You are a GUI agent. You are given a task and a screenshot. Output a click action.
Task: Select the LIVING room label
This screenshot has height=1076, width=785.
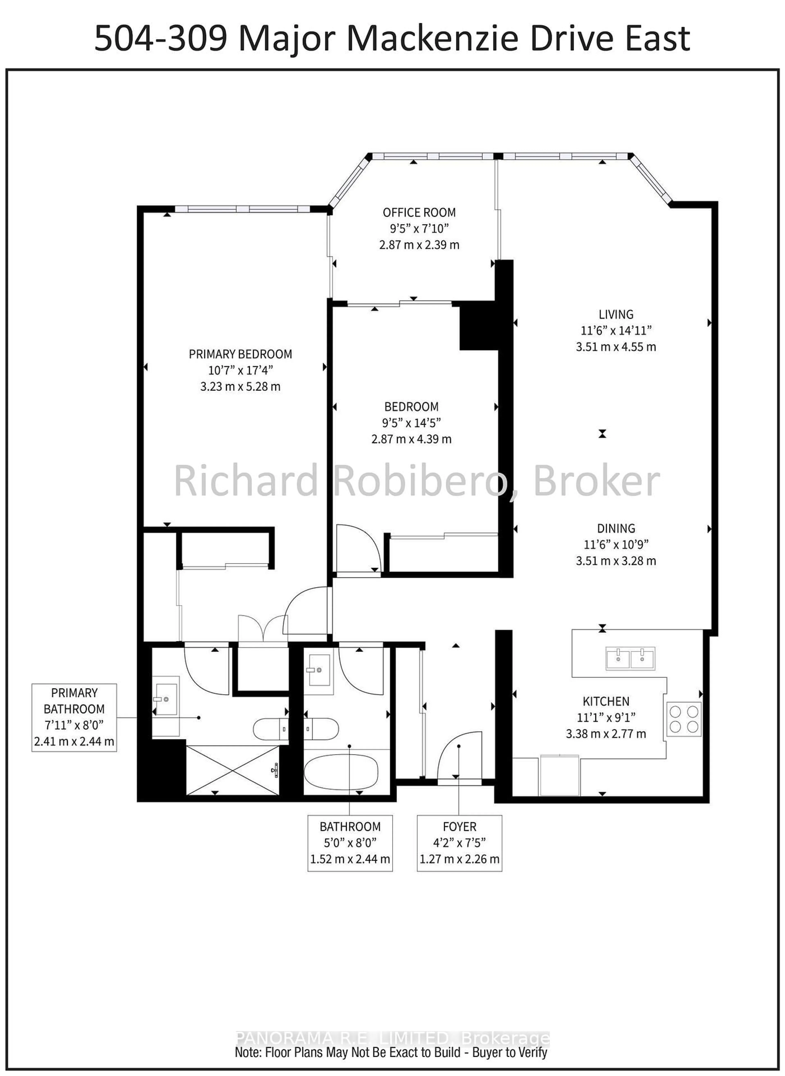click(x=616, y=314)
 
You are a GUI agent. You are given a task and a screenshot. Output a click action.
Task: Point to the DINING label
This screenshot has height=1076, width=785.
click(x=616, y=528)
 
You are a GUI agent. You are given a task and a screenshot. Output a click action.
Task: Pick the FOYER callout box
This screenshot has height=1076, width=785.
click(x=459, y=843)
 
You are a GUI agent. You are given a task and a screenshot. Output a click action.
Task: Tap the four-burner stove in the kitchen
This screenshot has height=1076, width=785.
click(x=683, y=719)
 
